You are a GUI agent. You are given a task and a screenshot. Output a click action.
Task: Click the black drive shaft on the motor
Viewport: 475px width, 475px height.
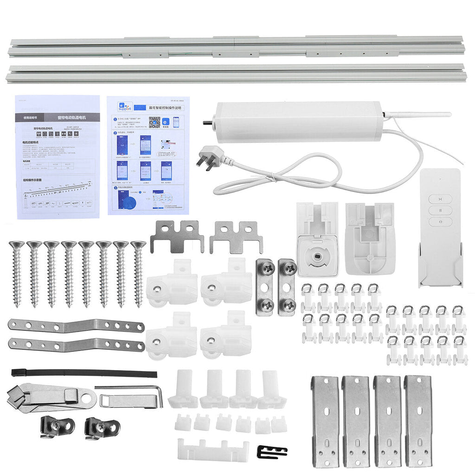pyautogui.click(x=207, y=123)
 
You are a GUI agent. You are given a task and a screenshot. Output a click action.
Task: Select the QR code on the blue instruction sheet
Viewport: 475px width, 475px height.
pyautogui.click(x=154, y=122)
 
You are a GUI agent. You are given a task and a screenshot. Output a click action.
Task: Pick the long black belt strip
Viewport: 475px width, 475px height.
pyautogui.click(x=83, y=373)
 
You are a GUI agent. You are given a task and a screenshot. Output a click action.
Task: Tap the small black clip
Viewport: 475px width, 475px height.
pyautogui.click(x=271, y=451)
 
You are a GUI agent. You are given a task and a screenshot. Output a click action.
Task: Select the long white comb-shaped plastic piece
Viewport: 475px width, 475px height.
pyautogui.click(x=213, y=449)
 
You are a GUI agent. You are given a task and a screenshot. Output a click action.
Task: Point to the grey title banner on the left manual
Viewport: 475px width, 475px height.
pyautogui.click(x=57, y=117)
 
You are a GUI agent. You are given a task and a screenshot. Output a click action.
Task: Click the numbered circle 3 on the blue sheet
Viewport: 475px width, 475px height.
pyautogui.click(x=115, y=188)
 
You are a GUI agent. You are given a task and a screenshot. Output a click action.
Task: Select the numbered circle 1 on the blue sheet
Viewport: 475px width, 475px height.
pyautogui.click(x=115, y=119)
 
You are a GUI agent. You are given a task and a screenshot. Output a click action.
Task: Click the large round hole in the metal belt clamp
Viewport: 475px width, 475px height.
pyautogui.click(x=87, y=398)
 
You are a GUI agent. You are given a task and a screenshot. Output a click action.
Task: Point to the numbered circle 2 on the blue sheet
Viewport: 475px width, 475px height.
pyautogui.click(x=115, y=133)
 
